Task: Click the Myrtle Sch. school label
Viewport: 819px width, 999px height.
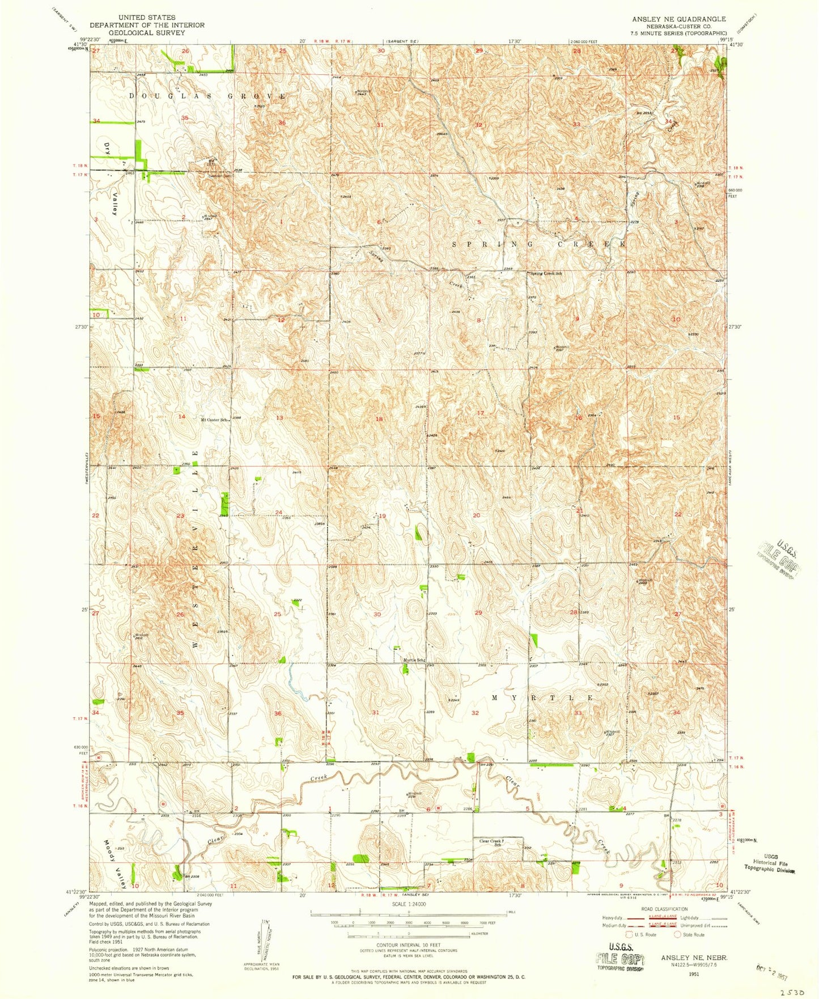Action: pyautogui.click(x=413, y=660)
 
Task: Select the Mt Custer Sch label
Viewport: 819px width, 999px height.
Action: pyautogui.click(x=214, y=420)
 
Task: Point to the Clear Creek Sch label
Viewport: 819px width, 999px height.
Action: pyautogui.click(x=491, y=843)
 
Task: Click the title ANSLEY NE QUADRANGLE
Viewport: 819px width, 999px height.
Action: pyautogui.click(x=678, y=19)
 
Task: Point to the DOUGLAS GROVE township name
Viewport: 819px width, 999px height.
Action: pyautogui.click(x=207, y=96)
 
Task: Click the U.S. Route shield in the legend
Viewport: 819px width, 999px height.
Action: pyautogui.click(x=629, y=934)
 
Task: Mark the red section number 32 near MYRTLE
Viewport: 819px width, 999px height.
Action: pyautogui.click(x=475, y=713)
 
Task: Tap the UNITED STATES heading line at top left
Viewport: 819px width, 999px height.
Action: pyautogui.click(x=147, y=18)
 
